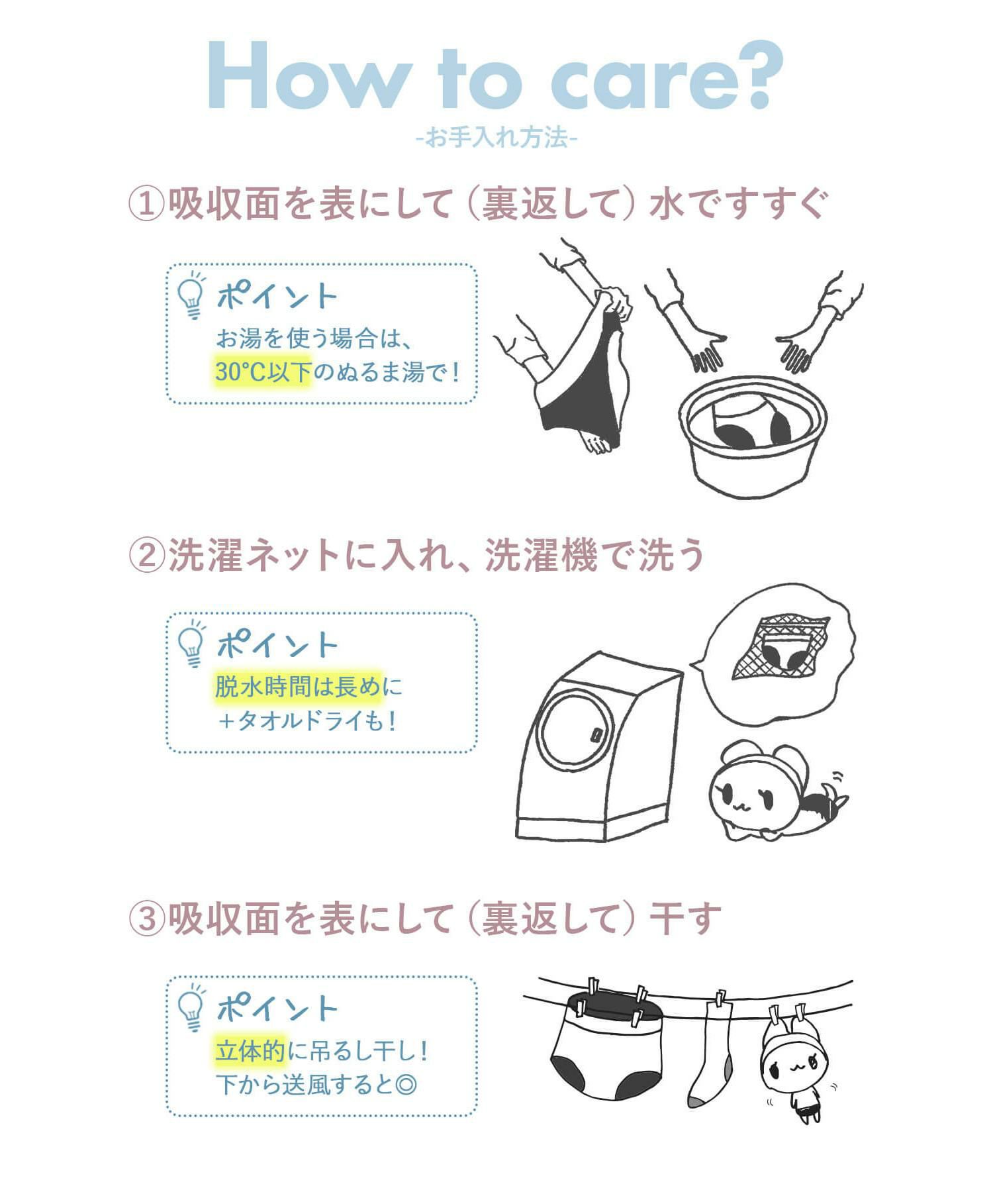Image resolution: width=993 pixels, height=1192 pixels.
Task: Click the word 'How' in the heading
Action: pos(307,75)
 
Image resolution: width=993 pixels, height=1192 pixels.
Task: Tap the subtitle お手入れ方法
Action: pos(497,138)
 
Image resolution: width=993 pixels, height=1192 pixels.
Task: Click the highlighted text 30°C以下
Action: pos(263,372)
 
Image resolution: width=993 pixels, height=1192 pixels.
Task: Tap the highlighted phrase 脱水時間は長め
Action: pos(298,687)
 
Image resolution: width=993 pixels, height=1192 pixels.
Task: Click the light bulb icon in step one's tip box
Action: pos(192,295)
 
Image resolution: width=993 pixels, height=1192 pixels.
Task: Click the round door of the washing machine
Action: pos(575,730)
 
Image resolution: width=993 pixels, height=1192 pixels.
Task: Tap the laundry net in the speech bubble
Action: pos(781,648)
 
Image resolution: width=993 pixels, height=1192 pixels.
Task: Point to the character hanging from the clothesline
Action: pos(794,1064)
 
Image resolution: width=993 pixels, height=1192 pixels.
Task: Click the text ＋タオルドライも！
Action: pos(307,720)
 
